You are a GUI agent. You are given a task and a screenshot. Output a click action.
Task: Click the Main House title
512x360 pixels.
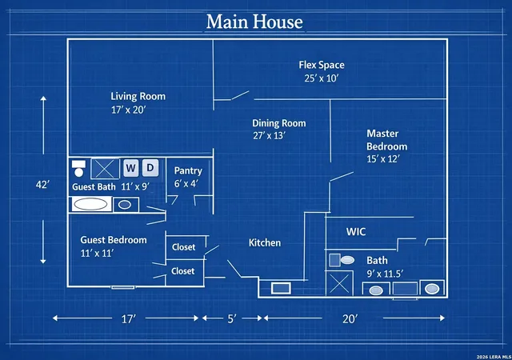pos(254,22)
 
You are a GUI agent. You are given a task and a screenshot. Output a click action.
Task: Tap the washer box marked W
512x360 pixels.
pos(130,168)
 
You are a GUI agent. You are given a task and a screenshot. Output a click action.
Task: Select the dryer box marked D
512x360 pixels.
pos(150,168)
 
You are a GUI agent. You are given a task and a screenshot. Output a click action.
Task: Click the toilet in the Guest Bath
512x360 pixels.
pos(78,168)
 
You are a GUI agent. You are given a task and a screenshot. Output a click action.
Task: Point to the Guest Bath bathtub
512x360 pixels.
pos(90,204)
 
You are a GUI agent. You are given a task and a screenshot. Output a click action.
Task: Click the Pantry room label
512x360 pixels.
pos(188,171)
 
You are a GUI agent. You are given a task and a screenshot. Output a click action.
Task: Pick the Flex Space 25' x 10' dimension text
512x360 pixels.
pos(322,78)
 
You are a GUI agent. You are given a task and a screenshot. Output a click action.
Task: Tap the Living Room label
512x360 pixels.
pos(138,96)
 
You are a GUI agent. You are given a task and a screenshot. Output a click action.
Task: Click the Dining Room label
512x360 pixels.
pos(279,123)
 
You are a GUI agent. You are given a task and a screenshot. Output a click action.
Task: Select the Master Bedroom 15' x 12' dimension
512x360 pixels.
pos(383,159)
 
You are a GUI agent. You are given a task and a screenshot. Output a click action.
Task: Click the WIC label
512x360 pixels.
pos(356,232)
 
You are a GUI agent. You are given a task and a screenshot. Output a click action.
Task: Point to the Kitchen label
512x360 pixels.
pos(265,242)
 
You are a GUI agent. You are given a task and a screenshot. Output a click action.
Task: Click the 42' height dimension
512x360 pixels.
pos(42,185)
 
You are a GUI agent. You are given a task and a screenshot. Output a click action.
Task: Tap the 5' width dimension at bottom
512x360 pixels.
pos(232,318)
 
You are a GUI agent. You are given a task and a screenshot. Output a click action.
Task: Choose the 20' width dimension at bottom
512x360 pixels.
pos(350,318)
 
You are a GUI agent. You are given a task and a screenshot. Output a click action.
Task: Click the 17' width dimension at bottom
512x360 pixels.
pos(129,318)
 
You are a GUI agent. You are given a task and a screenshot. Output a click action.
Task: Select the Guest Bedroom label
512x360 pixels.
pos(114,240)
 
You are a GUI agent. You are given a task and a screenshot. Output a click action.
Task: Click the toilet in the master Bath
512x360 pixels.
pos(342,260)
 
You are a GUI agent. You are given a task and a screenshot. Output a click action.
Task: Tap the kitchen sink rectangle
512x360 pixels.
pos(281,289)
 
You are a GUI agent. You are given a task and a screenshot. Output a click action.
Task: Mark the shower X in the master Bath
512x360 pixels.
pos(339,283)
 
